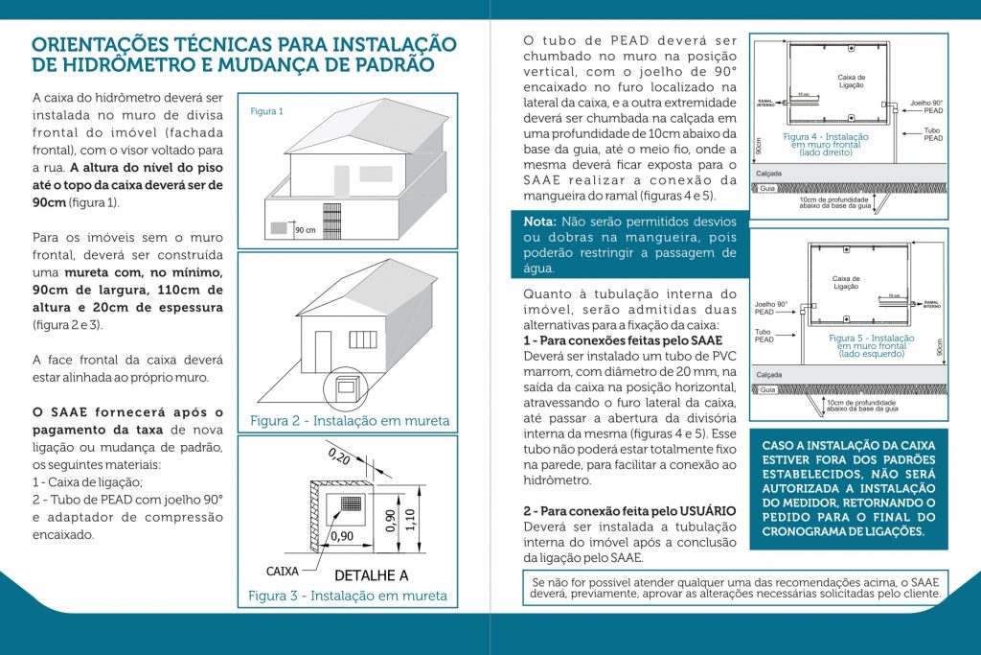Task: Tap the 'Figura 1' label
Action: coord(266,111)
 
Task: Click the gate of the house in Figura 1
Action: coord(279,229)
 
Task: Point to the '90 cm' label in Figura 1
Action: coord(306,230)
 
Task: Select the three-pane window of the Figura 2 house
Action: coord(363,339)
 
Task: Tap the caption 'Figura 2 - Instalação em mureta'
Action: coord(349,420)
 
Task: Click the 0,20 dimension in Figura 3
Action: coord(339,456)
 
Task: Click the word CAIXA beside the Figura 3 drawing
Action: coord(283,571)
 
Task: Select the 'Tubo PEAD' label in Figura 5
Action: coord(764,336)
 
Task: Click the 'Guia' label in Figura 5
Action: coord(767,390)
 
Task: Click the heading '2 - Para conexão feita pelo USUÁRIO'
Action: coord(628,511)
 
